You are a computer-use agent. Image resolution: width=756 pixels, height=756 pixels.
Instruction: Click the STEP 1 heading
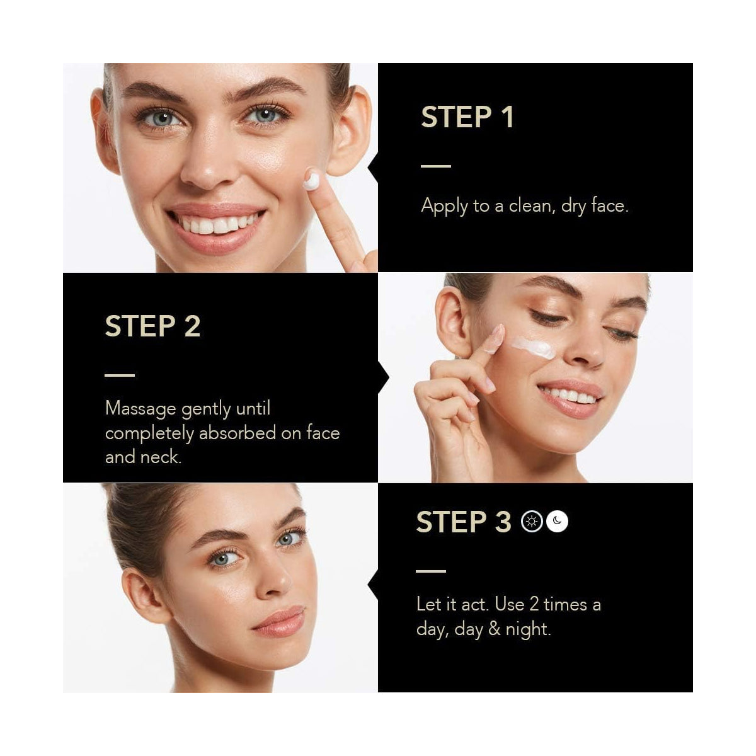[467, 117]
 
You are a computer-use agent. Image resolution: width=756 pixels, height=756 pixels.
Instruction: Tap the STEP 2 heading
[152, 326]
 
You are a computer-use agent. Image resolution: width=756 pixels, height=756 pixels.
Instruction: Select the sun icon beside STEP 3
[532, 522]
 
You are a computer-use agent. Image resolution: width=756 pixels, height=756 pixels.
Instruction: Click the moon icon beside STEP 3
[557, 522]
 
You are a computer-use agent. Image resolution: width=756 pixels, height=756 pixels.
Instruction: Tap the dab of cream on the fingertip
[312, 180]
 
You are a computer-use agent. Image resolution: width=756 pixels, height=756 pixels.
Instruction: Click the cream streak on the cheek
[534, 348]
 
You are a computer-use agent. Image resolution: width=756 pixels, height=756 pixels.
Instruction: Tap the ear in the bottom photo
[146, 596]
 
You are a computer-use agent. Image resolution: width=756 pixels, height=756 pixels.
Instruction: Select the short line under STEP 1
[436, 166]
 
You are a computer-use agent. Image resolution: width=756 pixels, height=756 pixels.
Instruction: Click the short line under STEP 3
[431, 571]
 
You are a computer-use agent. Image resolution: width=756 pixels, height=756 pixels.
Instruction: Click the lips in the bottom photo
[279, 621]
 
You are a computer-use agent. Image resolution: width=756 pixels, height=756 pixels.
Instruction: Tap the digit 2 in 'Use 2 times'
[534, 605]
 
